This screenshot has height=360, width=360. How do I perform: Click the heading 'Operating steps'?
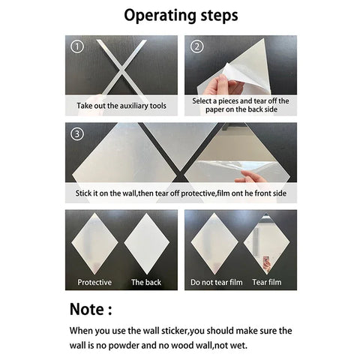[x=181, y=16]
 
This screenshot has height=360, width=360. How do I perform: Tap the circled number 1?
[x=76, y=46]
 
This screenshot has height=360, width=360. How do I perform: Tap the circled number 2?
[x=197, y=46]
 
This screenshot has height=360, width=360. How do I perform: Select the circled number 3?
[x=76, y=136]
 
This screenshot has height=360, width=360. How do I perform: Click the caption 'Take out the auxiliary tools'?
[x=121, y=106]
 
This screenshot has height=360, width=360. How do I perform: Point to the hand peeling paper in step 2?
[x=221, y=84]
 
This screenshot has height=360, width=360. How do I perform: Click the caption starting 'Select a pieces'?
[x=241, y=105]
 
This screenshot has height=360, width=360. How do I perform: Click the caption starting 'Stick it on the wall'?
[x=181, y=193]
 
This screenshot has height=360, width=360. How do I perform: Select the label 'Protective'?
[x=94, y=283]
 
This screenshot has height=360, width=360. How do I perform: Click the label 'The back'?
[x=146, y=283]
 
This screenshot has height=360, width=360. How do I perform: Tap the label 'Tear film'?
[x=268, y=283]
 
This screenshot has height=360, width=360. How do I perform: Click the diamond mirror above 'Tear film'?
[x=268, y=244]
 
